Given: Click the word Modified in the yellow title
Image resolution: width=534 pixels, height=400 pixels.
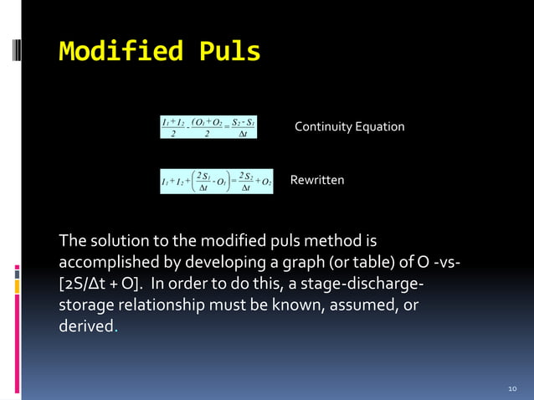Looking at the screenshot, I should coord(122,52).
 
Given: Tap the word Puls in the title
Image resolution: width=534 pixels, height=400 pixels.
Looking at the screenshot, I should coord(229,52).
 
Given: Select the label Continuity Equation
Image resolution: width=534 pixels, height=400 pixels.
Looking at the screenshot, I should coord(349,126).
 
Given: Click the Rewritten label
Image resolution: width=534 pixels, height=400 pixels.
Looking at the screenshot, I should coord(316,180).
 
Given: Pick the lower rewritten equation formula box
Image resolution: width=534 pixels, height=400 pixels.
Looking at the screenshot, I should coord(216,181).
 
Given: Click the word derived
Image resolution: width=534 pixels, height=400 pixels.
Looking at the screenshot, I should coord(85,325).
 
